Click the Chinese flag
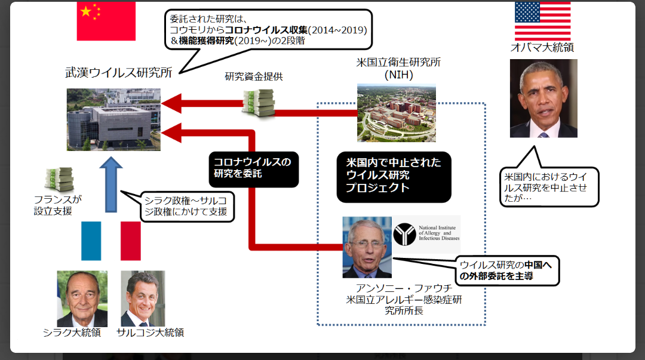click(x=106, y=21)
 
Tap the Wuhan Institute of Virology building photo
click(x=113, y=119)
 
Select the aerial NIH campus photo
click(x=396, y=113)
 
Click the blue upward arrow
click(x=111, y=184)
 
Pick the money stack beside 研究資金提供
click(x=259, y=103)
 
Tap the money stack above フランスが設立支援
click(x=60, y=179)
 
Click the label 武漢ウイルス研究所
click(x=119, y=72)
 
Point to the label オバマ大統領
click(x=542, y=47)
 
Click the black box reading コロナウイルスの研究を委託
click(x=253, y=169)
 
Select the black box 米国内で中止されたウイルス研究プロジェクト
click(x=394, y=177)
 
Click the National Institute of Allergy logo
click(x=426, y=233)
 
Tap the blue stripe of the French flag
click(x=91, y=241)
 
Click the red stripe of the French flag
click(x=131, y=241)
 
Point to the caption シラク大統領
click(x=72, y=333)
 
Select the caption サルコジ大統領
click(x=150, y=333)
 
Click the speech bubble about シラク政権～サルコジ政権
click(x=187, y=207)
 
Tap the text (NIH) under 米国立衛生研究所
click(x=398, y=75)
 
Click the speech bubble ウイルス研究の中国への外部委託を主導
click(x=507, y=270)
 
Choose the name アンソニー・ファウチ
click(x=404, y=288)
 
